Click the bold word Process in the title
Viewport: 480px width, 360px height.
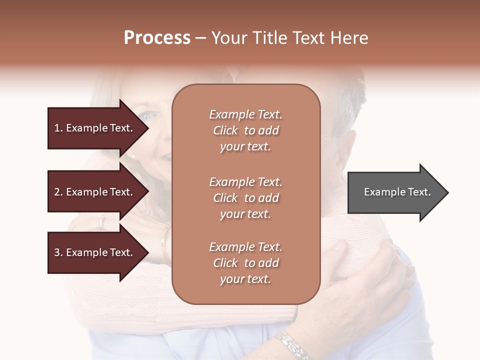pos(157,38)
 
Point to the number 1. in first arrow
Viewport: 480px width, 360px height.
pos(58,128)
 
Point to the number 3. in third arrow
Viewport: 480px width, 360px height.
pos(58,252)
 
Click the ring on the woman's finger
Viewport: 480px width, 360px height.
pos(102,222)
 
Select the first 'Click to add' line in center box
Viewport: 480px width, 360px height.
pos(245,130)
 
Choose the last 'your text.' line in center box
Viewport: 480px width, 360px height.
pos(245,279)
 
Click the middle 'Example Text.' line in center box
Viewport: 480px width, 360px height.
pos(245,182)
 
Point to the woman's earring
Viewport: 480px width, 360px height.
pos(133,156)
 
